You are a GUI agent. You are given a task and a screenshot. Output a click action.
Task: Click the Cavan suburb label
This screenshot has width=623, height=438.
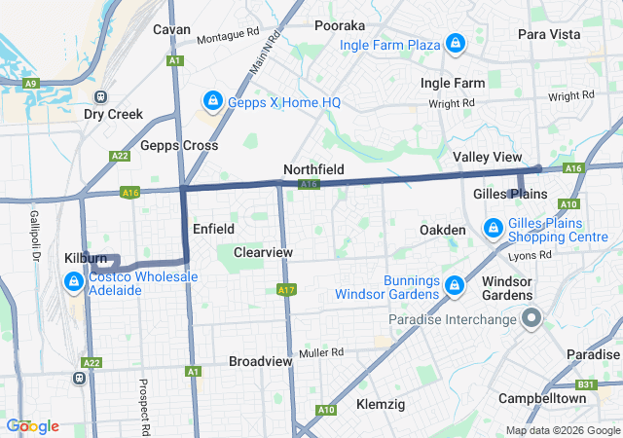point(171,29)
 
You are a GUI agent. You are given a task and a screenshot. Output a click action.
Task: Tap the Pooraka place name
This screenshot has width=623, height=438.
point(340,25)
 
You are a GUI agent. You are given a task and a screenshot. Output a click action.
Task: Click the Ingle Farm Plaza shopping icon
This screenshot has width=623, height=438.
point(455,44)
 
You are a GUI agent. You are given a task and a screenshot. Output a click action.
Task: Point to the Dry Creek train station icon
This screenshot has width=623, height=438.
point(100,96)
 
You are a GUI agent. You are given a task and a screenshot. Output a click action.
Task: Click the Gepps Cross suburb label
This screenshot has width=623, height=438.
point(178,145)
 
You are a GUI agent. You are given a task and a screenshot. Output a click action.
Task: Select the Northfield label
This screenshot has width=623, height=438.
point(313,169)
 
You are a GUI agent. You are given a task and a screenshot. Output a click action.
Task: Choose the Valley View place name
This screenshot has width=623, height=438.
point(487,157)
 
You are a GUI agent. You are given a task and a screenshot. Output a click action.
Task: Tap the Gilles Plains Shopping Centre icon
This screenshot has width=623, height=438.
point(494,230)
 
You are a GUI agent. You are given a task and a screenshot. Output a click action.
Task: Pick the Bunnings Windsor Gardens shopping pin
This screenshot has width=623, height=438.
point(454,285)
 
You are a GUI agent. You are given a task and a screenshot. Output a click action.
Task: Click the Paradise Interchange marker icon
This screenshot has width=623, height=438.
point(531,318)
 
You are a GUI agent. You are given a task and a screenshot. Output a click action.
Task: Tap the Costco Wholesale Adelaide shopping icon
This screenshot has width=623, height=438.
point(73,282)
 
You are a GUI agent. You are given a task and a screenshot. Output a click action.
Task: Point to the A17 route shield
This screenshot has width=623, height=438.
point(286,290)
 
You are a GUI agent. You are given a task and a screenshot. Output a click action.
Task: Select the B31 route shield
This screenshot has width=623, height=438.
point(584,384)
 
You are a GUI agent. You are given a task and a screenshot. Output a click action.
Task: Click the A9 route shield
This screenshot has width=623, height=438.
point(30,84)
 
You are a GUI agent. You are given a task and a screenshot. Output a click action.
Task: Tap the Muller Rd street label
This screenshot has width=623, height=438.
point(322,352)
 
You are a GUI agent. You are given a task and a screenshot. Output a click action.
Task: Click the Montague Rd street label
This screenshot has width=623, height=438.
point(228,37)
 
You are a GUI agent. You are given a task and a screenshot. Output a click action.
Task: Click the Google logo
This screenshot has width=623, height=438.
point(32,426)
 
